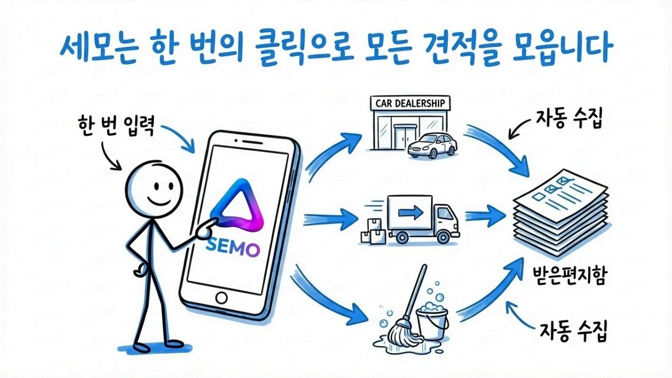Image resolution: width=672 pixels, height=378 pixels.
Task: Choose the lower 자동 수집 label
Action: [x=572, y=331]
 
